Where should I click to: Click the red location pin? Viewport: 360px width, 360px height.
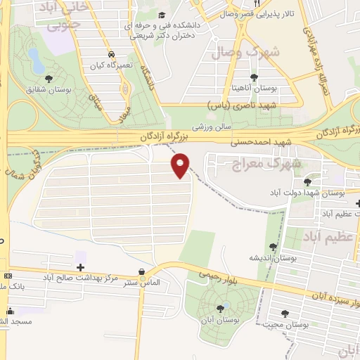coord(181,165)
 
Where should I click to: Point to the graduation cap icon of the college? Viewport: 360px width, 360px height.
coord(162,15)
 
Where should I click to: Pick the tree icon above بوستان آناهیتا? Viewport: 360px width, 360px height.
coord(254,77)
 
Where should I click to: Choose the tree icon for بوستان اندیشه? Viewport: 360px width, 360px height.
coord(273,247)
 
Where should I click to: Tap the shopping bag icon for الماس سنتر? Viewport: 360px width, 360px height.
coord(143,271)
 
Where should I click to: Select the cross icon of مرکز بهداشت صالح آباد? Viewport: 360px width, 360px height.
coord(80,267)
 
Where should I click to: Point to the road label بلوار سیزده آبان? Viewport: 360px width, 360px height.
coord(331,296)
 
